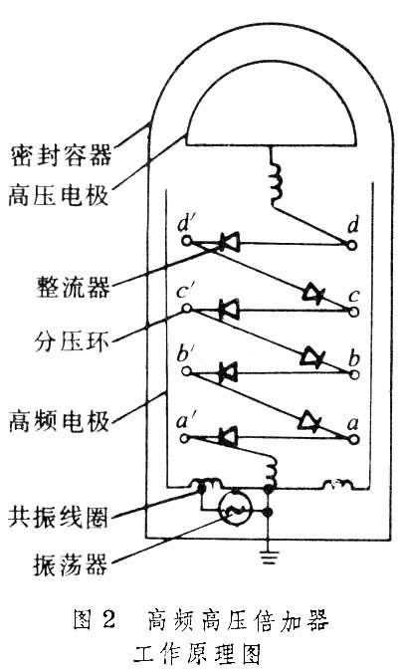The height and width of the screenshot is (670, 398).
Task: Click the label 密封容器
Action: tap(61, 155)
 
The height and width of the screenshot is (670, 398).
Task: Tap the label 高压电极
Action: tap(59, 196)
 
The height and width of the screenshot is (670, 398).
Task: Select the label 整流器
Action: tap(73, 287)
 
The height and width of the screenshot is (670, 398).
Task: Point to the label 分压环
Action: tap(72, 340)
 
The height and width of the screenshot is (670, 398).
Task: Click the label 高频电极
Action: tap(60, 421)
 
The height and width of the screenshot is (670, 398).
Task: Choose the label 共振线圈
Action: tap(58, 517)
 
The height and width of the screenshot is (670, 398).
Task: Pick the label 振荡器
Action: tap(71, 564)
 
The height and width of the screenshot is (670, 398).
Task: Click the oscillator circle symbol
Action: tap(235, 509)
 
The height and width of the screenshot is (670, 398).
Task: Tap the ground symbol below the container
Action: tap(269, 558)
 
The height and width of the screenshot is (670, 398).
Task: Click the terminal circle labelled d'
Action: tap(186, 241)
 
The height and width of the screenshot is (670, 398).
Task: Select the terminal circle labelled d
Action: tap(351, 245)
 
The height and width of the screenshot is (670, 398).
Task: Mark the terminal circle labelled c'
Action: tap(186, 308)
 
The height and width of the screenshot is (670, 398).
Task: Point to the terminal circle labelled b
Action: tap(353, 374)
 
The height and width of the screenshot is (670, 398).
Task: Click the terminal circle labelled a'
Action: tap(184, 438)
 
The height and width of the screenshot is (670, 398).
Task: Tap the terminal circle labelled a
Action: tap(353, 439)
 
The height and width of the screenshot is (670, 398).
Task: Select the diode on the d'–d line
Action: tap(229, 242)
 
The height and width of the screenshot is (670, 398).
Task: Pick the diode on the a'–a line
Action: tap(229, 437)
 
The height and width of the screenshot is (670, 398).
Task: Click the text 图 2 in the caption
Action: tap(95, 619)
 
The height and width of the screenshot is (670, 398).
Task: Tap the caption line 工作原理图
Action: tap(197, 654)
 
